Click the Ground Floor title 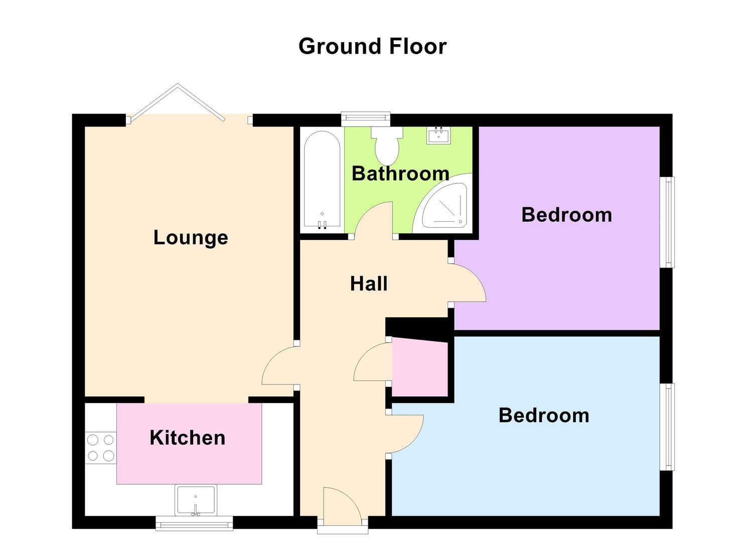coord(372,46)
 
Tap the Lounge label coord(191,237)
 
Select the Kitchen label coord(187,438)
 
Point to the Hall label coord(369,284)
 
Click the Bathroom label coord(400,173)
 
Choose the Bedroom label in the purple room coord(566,215)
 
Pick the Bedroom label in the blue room coord(544,415)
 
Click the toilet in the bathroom coord(387,145)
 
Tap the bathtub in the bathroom coord(322,180)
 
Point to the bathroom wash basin coord(438,135)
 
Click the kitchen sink coord(196,500)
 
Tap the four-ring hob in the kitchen coord(100,448)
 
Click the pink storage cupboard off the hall coord(420,369)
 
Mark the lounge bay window coord(189,103)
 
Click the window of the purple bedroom coord(667,222)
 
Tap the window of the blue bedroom coord(667,427)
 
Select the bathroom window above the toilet coord(366,118)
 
